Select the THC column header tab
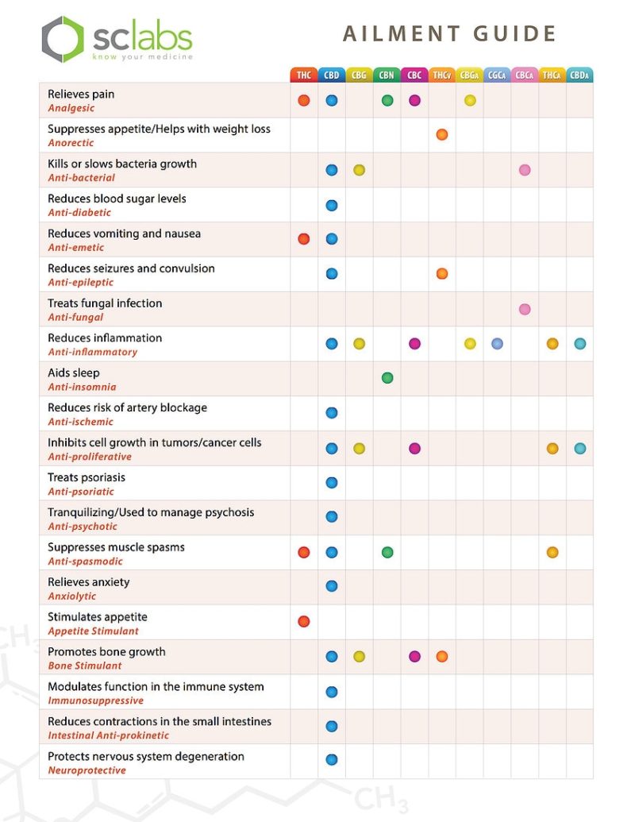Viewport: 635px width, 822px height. (x=303, y=75)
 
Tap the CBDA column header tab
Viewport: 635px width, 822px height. (x=579, y=75)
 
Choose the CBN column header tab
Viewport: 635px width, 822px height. (x=387, y=75)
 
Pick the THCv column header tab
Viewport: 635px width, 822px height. (x=442, y=75)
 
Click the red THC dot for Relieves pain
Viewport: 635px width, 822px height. (x=303, y=100)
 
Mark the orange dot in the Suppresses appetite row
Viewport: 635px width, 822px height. (x=442, y=135)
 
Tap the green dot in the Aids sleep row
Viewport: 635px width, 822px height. (x=387, y=378)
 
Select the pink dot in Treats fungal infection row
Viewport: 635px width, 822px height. (x=525, y=309)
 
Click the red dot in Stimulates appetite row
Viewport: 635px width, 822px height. (x=303, y=621)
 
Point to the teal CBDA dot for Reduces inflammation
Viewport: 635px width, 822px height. (x=580, y=344)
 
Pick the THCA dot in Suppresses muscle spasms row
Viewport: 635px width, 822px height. (x=552, y=552)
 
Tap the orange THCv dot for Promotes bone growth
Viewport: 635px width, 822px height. (x=442, y=656)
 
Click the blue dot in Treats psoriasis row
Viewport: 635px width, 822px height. (x=332, y=482)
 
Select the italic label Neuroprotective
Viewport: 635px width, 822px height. (x=87, y=770)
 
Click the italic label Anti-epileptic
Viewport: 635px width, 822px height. (x=80, y=283)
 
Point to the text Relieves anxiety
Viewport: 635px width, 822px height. (x=88, y=582)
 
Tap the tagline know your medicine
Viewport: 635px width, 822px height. (x=142, y=57)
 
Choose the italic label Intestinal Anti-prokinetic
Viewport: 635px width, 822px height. (x=107, y=735)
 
